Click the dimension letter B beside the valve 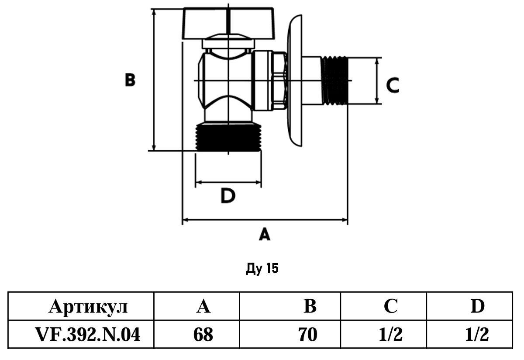[130, 80]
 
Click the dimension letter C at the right [393, 85]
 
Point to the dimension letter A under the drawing [265, 235]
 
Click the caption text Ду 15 [262, 268]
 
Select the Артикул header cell [89, 307]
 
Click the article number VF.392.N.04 [89, 335]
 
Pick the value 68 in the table [203, 335]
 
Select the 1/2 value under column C [391, 335]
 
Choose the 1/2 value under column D [477, 335]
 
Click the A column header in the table [203, 307]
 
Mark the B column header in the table [310, 307]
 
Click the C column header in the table [391, 307]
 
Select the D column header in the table [477, 307]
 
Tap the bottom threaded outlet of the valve [228, 137]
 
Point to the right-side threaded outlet [336, 81]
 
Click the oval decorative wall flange [294, 81]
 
